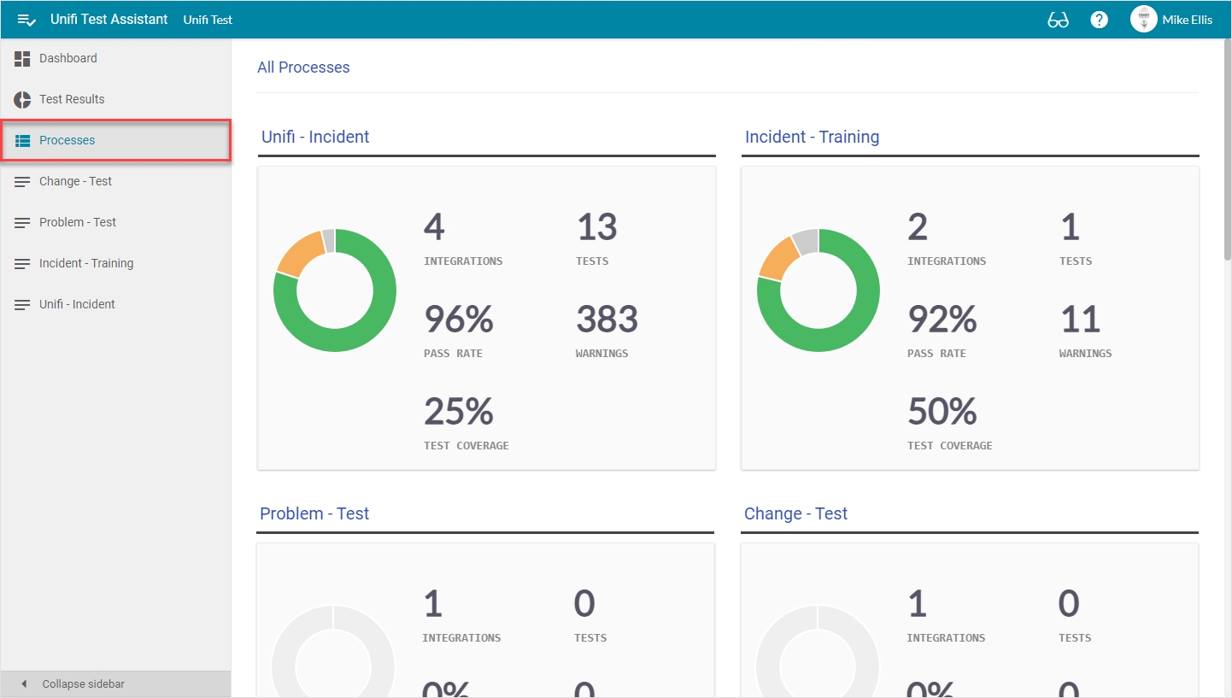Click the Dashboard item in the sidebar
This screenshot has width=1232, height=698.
click(x=67, y=58)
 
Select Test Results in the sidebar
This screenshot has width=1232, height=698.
click(x=72, y=99)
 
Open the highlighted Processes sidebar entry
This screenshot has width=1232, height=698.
click(x=67, y=140)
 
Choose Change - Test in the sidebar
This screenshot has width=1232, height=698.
click(x=75, y=181)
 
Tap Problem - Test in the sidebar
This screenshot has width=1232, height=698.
click(x=77, y=222)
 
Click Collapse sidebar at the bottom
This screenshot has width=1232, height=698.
click(x=83, y=683)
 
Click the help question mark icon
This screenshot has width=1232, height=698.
click(x=1099, y=20)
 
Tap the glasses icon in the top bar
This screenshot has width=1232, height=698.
click(x=1058, y=20)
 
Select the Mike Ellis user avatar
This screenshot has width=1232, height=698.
click(x=1143, y=20)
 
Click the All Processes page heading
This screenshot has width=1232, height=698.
click(x=303, y=67)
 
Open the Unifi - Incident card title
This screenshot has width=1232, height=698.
click(x=315, y=137)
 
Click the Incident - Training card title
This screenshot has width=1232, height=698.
click(x=812, y=137)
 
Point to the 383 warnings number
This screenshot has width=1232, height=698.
click(x=607, y=320)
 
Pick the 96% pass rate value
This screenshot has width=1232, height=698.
click(x=459, y=320)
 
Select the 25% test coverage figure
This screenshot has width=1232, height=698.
click(x=459, y=412)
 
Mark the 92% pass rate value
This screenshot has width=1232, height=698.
click(x=942, y=320)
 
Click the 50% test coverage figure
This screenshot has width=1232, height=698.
click(x=942, y=412)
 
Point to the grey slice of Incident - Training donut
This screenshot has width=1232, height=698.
click(x=806, y=242)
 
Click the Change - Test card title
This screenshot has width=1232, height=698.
click(x=795, y=513)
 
